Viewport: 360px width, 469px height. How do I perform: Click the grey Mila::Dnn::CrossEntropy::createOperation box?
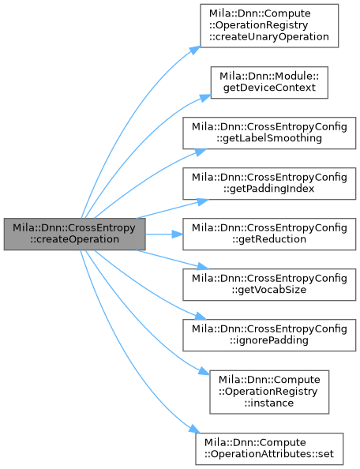click(74, 234)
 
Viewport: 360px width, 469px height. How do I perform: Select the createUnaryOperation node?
click(269, 26)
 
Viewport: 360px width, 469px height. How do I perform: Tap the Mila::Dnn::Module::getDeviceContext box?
click(269, 82)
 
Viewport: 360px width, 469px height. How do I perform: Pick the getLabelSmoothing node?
click(269, 133)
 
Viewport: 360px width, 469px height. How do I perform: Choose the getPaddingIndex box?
click(269, 184)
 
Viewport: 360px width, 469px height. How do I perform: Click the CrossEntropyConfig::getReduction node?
click(269, 234)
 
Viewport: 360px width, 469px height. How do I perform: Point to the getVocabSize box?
click(269, 284)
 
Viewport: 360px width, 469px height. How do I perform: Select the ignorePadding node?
click(269, 335)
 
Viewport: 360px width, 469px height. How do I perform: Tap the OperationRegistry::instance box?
click(269, 392)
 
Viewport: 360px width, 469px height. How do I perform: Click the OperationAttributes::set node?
click(269, 448)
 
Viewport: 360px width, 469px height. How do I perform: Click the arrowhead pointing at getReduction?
click(178, 234)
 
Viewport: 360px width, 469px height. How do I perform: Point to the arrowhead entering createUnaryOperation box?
click(194, 51)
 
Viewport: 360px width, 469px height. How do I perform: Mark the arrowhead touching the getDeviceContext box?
click(205, 98)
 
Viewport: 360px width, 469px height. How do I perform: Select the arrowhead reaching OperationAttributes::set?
click(194, 429)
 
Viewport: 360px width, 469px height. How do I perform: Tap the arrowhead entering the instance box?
click(204, 371)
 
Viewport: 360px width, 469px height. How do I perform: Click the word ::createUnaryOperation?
click(268, 37)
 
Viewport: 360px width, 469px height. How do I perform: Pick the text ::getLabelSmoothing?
click(269, 138)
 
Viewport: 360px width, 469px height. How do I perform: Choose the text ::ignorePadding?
click(269, 340)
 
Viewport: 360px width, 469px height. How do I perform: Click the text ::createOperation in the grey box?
click(74, 239)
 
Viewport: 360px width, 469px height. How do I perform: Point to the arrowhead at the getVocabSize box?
click(202, 266)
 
